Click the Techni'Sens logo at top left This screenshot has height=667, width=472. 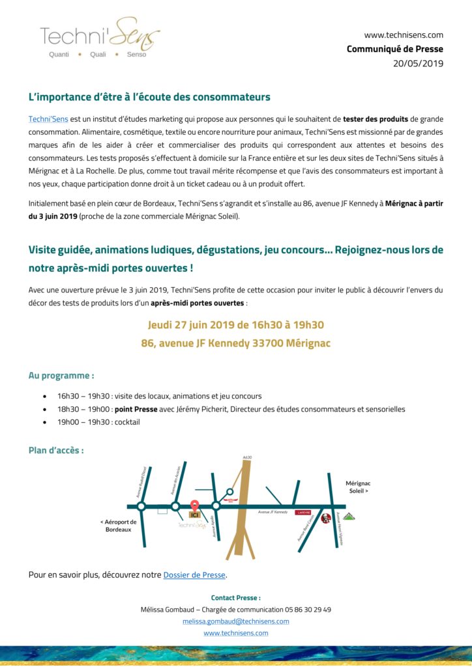coord(99,38)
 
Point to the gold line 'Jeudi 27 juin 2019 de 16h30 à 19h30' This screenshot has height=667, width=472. coord(235,325)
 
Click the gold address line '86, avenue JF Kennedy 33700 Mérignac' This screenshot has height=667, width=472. coord(235,343)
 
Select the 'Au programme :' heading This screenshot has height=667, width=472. coord(61,376)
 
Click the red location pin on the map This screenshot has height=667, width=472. coord(194,505)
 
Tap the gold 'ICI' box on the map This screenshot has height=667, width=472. coord(194,515)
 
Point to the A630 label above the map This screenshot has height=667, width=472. coord(246,457)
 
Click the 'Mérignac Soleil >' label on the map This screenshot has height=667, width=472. coord(358,488)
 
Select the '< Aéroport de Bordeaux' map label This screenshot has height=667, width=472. coord(118,526)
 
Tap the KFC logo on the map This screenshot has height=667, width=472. coord(325,518)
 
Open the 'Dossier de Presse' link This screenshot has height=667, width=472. coord(194,575)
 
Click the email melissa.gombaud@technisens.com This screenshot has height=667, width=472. coord(235,621)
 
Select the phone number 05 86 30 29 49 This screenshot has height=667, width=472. coord(308,610)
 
